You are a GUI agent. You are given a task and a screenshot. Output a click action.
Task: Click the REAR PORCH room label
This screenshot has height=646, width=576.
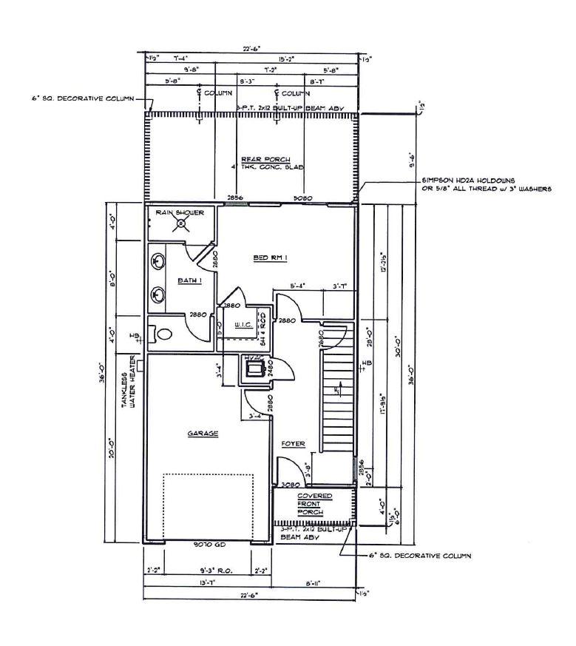coord(265,159)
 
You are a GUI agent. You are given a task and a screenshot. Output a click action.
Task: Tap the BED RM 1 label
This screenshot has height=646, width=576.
coord(271,258)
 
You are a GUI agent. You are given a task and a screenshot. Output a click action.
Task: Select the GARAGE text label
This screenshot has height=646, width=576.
coord(203,434)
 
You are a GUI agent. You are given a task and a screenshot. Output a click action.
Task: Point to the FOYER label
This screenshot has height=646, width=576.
coord(294,444)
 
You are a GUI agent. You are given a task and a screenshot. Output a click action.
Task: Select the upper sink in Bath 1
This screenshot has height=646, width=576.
coord(157,260)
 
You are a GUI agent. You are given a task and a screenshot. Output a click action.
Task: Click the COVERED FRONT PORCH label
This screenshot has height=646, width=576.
coord(314,503)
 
